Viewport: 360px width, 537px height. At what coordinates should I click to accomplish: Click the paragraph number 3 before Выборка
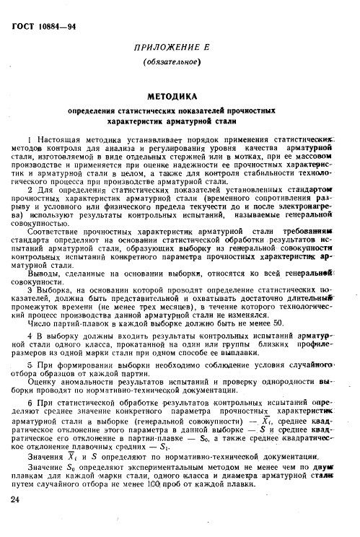coord(27,291)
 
